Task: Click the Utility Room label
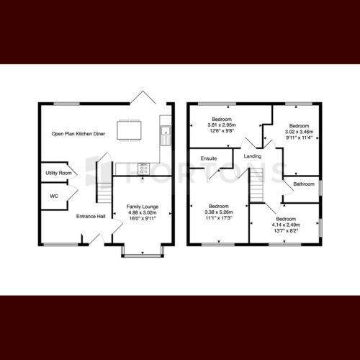[x=58, y=173]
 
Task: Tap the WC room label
[x=54, y=196]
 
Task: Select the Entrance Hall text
[x=91, y=217]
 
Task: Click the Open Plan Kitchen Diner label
[x=78, y=134]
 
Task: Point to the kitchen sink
[x=166, y=135]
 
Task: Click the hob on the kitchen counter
[x=143, y=169]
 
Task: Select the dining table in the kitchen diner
[x=129, y=130]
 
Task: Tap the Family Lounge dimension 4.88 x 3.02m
[x=143, y=212]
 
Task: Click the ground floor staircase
[x=104, y=182]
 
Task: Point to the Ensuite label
[x=209, y=158]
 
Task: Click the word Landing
[x=253, y=156]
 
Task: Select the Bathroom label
[x=304, y=184]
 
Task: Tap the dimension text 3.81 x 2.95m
[x=222, y=125]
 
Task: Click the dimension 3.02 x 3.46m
[x=299, y=132]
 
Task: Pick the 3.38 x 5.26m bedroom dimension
[x=219, y=212]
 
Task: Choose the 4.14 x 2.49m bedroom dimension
[x=286, y=225]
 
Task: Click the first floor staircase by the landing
[x=257, y=185]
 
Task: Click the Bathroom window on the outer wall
[x=320, y=187]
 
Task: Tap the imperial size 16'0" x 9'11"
[x=143, y=218]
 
